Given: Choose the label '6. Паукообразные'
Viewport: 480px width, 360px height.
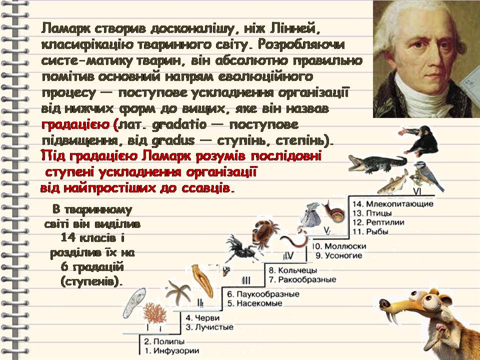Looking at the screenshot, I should click(x=262, y=294).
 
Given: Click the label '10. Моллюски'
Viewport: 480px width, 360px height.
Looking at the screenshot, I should click(x=339, y=246).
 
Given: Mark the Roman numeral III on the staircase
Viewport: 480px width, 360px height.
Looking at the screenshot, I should click(x=245, y=279).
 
